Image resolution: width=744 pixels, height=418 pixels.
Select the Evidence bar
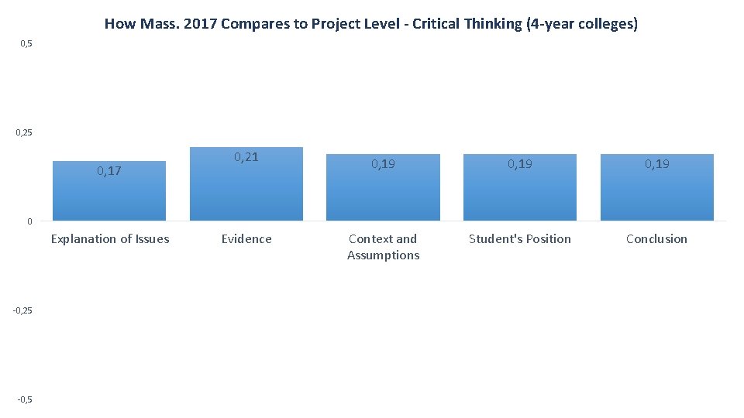tap(246, 190)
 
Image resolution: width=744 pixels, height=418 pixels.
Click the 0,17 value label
tap(109, 171)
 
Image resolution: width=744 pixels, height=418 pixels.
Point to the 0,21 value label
tap(246, 157)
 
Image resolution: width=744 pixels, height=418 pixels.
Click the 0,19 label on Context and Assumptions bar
tap(383, 164)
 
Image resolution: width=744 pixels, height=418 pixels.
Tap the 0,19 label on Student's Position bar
tap(520, 164)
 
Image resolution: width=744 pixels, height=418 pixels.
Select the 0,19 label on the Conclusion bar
tap(656, 164)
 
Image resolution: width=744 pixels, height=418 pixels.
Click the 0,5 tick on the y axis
tap(26, 44)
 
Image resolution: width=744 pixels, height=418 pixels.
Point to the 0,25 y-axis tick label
tap(24, 133)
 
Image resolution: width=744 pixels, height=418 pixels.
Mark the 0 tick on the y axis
tap(29, 222)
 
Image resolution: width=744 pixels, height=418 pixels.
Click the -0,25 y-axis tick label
tap(22, 310)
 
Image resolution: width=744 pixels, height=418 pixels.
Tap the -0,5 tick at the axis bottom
tap(25, 399)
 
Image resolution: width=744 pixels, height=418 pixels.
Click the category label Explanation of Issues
tap(109, 239)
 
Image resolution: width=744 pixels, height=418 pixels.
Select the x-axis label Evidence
tap(246, 239)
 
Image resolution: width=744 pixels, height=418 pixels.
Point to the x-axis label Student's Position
tap(520, 239)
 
